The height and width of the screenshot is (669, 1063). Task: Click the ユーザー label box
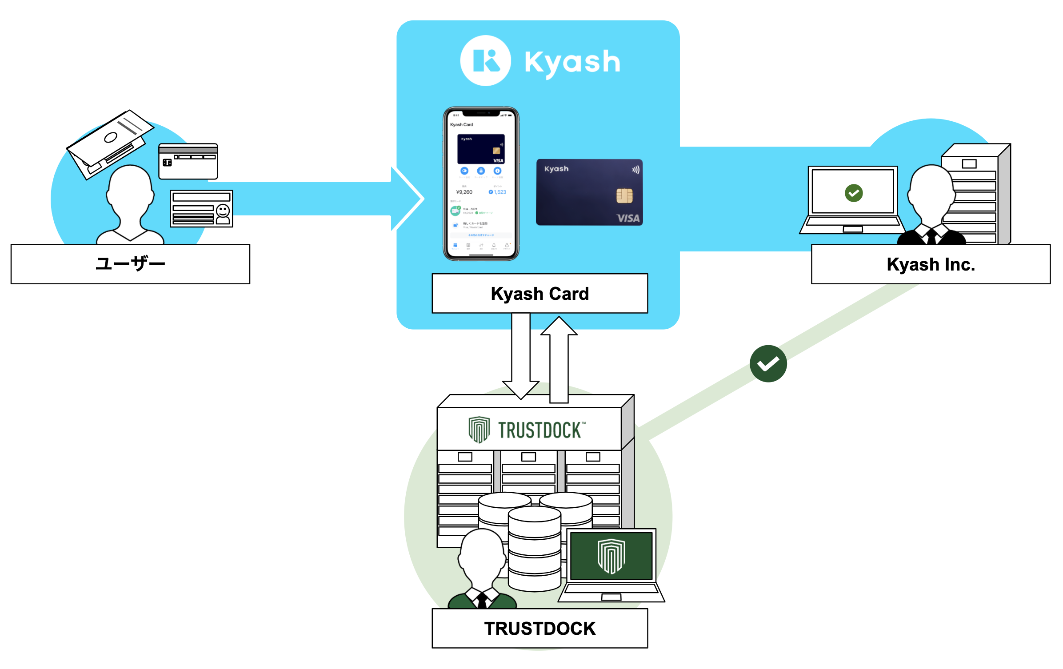(130, 264)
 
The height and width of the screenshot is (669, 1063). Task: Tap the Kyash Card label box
(539, 294)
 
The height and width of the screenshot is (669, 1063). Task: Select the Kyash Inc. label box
(931, 264)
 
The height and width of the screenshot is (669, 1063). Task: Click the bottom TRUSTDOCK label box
(539, 628)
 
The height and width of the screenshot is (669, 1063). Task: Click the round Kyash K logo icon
(485, 61)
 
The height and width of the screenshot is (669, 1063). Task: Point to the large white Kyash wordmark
(572, 62)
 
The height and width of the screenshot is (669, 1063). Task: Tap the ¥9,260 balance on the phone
(464, 192)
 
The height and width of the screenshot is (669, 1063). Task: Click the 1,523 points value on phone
(499, 192)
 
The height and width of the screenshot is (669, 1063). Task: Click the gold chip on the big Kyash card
(624, 195)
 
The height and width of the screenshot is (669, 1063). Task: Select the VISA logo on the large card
(627, 218)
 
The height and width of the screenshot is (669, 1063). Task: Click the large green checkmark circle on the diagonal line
(768, 363)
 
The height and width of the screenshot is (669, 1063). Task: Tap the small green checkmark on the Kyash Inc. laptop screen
(853, 193)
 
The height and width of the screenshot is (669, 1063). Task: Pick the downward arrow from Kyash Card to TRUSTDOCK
(520, 355)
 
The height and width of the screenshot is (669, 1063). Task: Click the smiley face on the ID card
(223, 210)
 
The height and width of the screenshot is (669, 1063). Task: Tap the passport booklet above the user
(110, 142)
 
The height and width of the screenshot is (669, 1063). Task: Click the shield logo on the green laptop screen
(611, 556)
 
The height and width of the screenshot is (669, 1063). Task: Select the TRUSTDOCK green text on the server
(539, 430)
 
